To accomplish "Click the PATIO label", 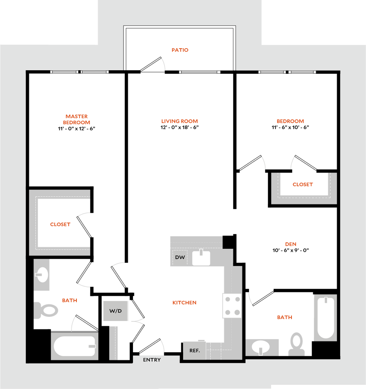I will [x=180, y=50].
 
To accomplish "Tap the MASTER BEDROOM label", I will [x=77, y=119].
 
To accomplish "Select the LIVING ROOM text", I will [x=180, y=121].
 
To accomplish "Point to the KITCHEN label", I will [x=185, y=303].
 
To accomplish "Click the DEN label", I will [x=291, y=244].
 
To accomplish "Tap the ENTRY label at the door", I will [x=152, y=360].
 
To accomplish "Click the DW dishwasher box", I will [x=180, y=258].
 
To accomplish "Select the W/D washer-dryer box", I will [x=116, y=311].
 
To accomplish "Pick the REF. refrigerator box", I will [x=195, y=351].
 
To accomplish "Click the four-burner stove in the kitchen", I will [x=232, y=306].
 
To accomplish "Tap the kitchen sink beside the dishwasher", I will [x=201, y=258].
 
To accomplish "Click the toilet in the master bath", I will [x=47, y=310].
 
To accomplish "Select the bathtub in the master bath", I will [x=74, y=346].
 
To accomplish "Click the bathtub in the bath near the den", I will [x=325, y=318].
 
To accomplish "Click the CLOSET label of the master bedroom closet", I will [x=60, y=225].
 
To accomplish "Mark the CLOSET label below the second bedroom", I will [x=303, y=185].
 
